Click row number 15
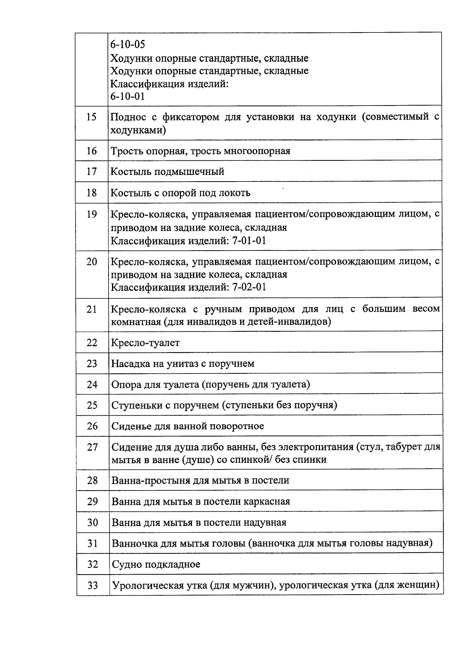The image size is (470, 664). (x=91, y=117)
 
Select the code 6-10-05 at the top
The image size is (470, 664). (x=127, y=45)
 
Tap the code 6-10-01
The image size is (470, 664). (x=127, y=96)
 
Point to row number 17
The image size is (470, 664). (x=91, y=171)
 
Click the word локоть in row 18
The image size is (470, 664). (x=235, y=193)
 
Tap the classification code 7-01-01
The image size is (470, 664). (x=249, y=240)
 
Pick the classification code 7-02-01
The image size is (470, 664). (x=249, y=287)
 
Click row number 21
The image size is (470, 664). (x=92, y=309)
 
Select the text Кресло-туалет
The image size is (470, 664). (x=145, y=343)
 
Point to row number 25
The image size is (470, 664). (x=92, y=405)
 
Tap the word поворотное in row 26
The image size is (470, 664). (x=237, y=426)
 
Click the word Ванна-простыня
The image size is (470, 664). (x=151, y=480)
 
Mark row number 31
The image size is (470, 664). (x=92, y=544)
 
